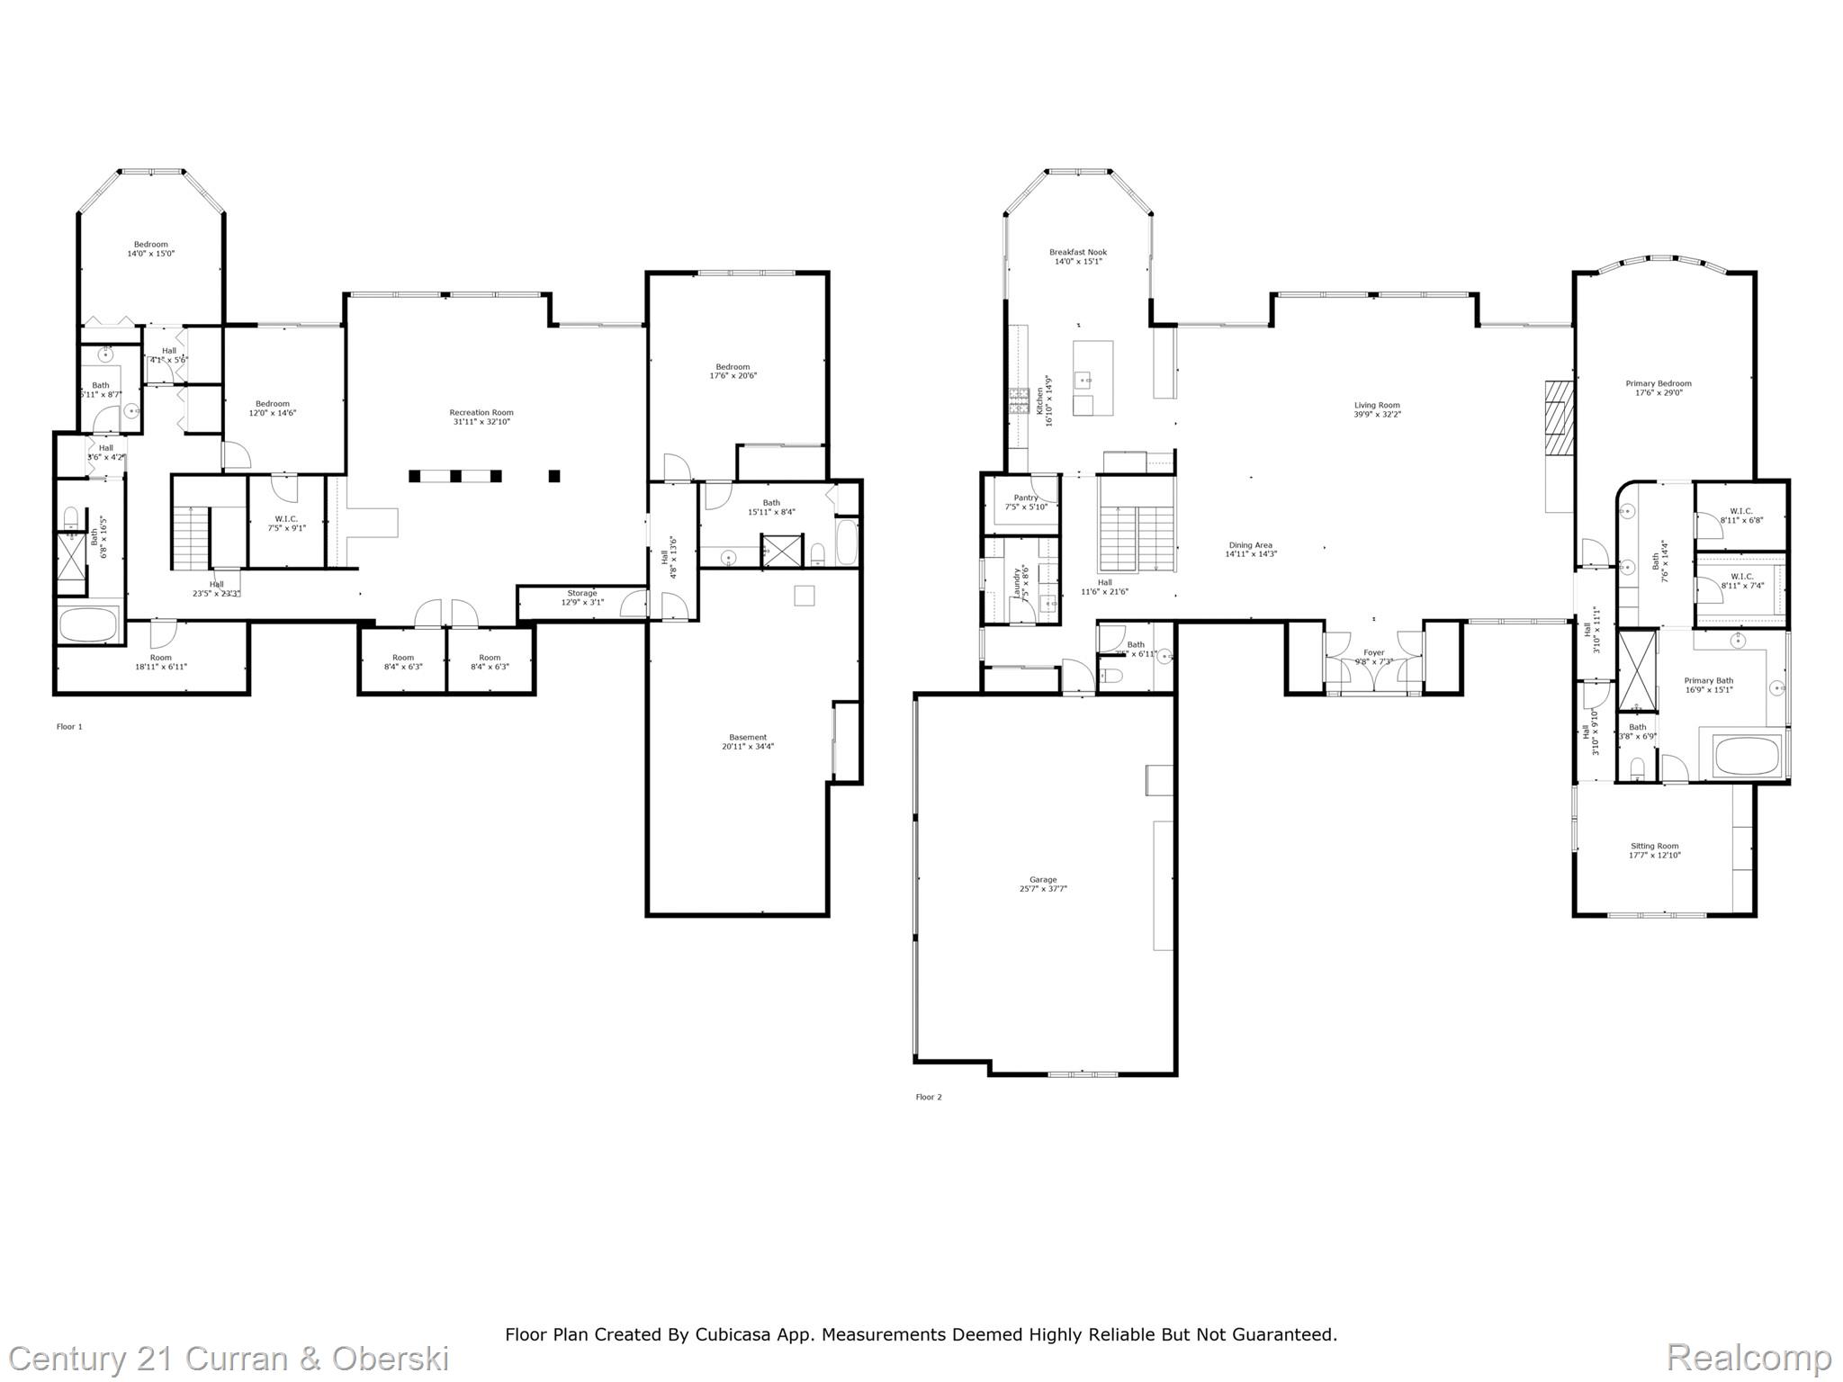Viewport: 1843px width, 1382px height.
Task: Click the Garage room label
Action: pyautogui.click(x=1043, y=880)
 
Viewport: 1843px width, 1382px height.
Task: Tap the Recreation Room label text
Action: pyautogui.click(x=481, y=413)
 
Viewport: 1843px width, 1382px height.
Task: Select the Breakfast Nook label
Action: pyautogui.click(x=1077, y=253)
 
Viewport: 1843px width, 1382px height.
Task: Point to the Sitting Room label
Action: pyautogui.click(x=1654, y=846)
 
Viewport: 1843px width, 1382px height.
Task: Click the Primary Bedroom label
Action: pyautogui.click(x=1658, y=384)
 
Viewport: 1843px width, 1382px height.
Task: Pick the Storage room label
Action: pyautogui.click(x=581, y=594)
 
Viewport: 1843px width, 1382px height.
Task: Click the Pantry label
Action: pyautogui.click(x=1025, y=498)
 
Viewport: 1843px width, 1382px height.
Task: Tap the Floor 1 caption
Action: pyautogui.click(x=69, y=727)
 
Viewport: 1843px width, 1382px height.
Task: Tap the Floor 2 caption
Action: pyautogui.click(x=929, y=1097)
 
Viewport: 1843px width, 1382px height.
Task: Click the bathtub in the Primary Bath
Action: pyautogui.click(x=1748, y=756)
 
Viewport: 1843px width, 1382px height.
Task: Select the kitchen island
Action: pyautogui.click(x=1092, y=378)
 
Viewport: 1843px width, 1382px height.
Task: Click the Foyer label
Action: pyautogui.click(x=1373, y=653)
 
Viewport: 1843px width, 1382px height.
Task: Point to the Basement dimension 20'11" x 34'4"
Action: pyautogui.click(x=747, y=747)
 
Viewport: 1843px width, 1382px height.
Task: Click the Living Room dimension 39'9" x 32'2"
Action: pyautogui.click(x=1377, y=415)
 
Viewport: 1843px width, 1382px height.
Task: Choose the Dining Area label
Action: pyautogui.click(x=1250, y=545)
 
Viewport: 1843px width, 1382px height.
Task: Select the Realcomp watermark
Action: pyautogui.click(x=1749, y=1357)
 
